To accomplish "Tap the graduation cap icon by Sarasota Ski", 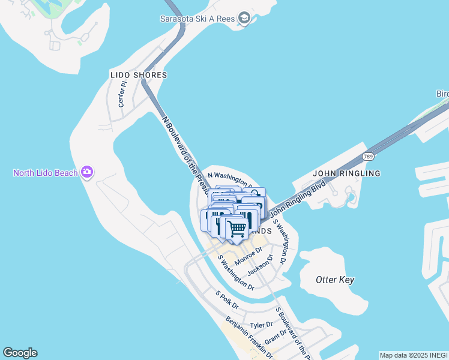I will (x=244, y=19).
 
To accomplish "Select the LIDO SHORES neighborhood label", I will (x=139, y=75).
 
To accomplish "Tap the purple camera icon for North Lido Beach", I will (x=88, y=173).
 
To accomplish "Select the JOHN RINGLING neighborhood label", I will (x=347, y=173).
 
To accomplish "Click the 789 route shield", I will (x=369, y=157).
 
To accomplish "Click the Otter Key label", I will (x=335, y=280).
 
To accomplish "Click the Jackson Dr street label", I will (x=261, y=265).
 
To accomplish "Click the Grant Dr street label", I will (x=276, y=336).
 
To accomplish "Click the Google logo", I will (x=20, y=353).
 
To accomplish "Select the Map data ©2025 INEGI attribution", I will (x=414, y=355).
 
